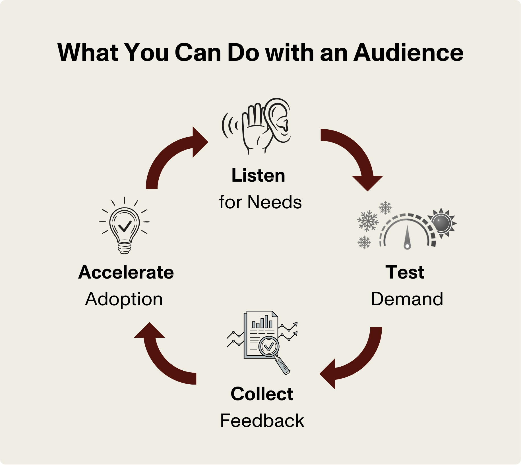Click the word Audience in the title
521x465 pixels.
coord(408,53)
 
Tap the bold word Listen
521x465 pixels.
coord(258,175)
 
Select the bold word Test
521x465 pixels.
coord(405,272)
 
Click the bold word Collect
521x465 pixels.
coord(262,394)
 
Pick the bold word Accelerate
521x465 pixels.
coord(126,272)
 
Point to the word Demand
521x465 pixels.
coord(407,299)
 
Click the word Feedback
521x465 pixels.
coord(262,421)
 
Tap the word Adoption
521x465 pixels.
coord(124,299)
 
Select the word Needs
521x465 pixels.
coord(274,202)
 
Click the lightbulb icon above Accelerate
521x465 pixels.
coord(125,227)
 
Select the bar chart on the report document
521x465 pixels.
coord(262,323)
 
